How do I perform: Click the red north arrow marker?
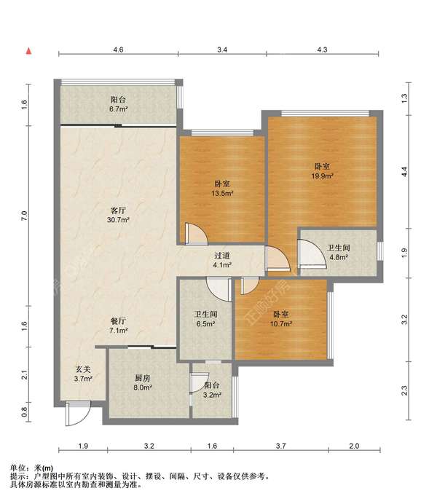tap(28, 51)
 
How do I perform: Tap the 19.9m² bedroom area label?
tap(322, 171)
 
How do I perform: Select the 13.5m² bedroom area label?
tap(222, 189)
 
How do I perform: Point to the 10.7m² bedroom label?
tap(281, 319)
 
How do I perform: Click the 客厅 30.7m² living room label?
tap(118, 215)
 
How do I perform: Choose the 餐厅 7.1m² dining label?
tap(118, 326)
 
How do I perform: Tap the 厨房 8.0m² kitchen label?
tap(143, 382)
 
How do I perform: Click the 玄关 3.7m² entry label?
tap(83, 374)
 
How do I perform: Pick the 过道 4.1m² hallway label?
tap(222, 260)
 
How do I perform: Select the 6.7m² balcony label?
tap(118, 104)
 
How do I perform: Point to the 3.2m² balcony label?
tap(211, 390)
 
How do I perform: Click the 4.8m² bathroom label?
tap(339, 252)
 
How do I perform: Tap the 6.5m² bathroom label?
tap(205, 319)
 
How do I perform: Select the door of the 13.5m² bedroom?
tap(197, 234)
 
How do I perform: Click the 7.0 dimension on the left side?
tap(24, 216)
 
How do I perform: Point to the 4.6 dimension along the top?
tap(118, 50)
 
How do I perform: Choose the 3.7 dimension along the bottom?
tap(281, 446)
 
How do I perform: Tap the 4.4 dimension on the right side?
tap(404, 172)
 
